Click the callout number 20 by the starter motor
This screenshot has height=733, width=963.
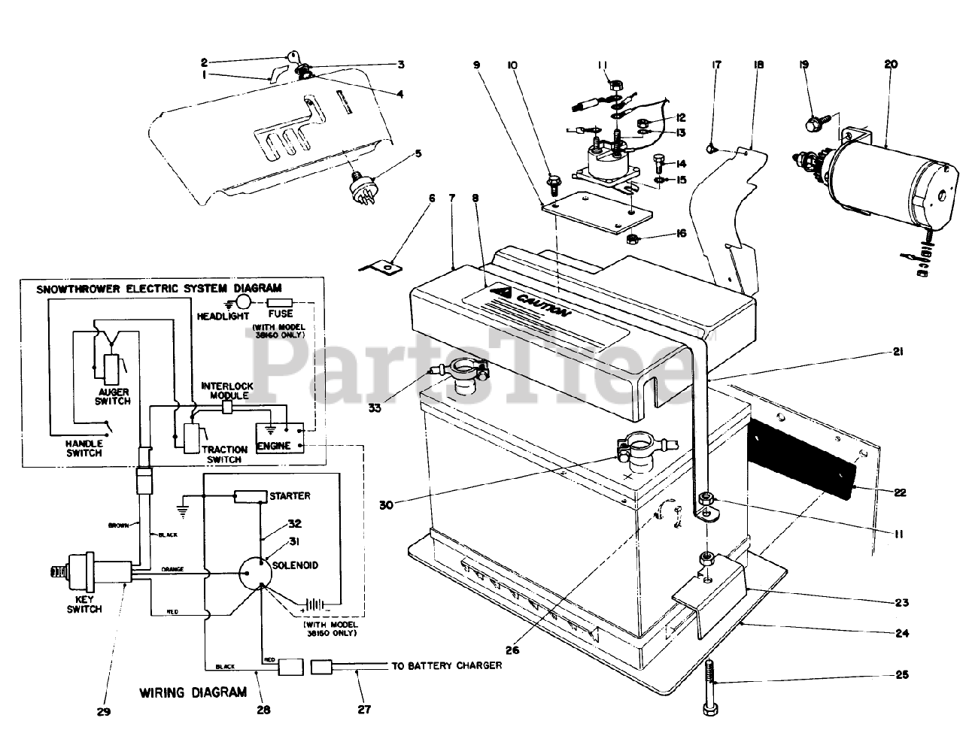click(891, 65)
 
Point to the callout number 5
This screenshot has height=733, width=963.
click(418, 155)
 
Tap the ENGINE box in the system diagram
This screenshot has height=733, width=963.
click(274, 447)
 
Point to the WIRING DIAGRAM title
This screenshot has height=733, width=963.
click(193, 692)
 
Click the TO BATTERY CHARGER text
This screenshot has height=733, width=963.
click(446, 666)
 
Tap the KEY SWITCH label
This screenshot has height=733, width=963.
click(84, 604)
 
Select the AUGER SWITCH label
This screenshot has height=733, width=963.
click(113, 396)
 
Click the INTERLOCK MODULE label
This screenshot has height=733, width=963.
click(226, 390)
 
